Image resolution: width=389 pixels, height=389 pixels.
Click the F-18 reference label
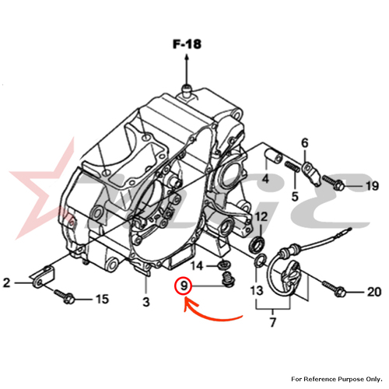[187, 44]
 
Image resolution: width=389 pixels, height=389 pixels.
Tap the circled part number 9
[184, 286]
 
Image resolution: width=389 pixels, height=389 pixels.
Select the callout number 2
[6, 282]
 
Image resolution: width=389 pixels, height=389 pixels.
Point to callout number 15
[102, 300]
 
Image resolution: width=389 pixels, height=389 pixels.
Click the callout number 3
[146, 302]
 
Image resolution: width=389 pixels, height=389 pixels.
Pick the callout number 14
[197, 266]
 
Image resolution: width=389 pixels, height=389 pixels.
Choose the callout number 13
[257, 290]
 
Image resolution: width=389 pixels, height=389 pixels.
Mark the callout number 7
[272, 322]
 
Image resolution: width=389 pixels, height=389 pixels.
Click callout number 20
[374, 292]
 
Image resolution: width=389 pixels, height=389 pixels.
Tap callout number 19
[373, 186]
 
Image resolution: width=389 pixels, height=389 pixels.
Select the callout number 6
[305, 143]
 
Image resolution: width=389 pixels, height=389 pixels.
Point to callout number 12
[261, 217]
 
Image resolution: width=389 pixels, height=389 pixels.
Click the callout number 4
[265, 179]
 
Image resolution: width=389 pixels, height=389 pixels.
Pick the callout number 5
[295, 196]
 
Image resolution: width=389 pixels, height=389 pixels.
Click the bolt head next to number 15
[69, 300]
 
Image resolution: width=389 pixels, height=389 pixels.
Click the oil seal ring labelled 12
[258, 244]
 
